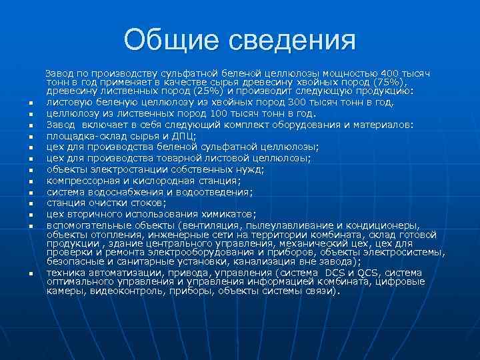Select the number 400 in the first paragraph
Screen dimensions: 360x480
385,71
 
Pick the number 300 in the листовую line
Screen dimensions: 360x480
298,102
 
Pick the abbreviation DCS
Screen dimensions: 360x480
337,273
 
